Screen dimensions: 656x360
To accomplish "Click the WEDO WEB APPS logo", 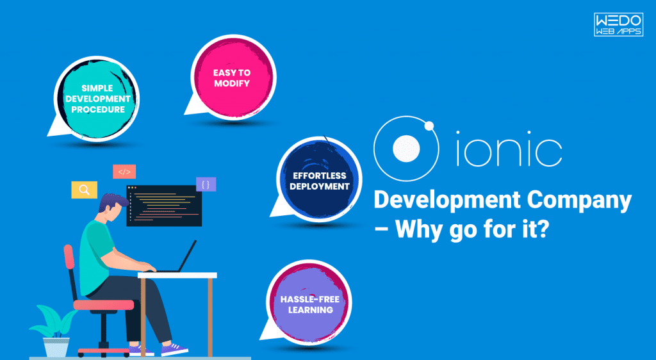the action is [x=618, y=25].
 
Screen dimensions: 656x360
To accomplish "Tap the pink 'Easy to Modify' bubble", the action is [x=233, y=78].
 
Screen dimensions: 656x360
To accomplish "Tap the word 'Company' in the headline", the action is [x=578, y=200].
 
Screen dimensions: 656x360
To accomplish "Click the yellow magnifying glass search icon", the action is [x=84, y=190].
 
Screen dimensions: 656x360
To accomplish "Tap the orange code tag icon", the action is [x=124, y=172].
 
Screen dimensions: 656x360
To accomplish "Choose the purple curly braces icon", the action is [x=206, y=184].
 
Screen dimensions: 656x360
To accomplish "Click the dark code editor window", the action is [x=164, y=206].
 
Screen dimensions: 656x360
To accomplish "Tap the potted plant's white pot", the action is [x=56, y=347].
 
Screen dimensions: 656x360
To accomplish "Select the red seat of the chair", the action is [x=103, y=305].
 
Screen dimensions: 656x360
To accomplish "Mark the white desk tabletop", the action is [x=177, y=275].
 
